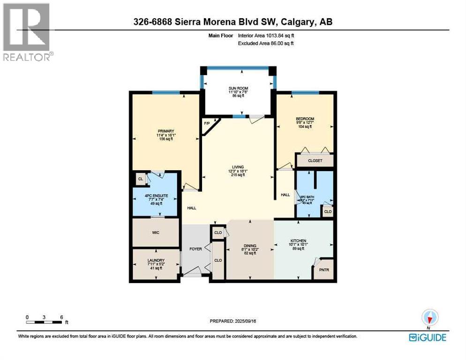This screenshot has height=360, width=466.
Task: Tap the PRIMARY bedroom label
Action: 166,131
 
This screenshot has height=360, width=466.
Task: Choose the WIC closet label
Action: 156,232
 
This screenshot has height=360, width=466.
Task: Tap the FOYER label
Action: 195,248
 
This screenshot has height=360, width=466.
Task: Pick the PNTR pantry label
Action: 324,270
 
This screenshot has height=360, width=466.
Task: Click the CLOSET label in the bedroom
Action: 315,160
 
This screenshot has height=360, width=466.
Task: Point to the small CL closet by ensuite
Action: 140,179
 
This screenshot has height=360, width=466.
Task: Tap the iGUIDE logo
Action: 427,337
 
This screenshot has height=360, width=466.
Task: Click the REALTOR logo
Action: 28,32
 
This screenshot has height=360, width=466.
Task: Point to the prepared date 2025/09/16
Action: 233,321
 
